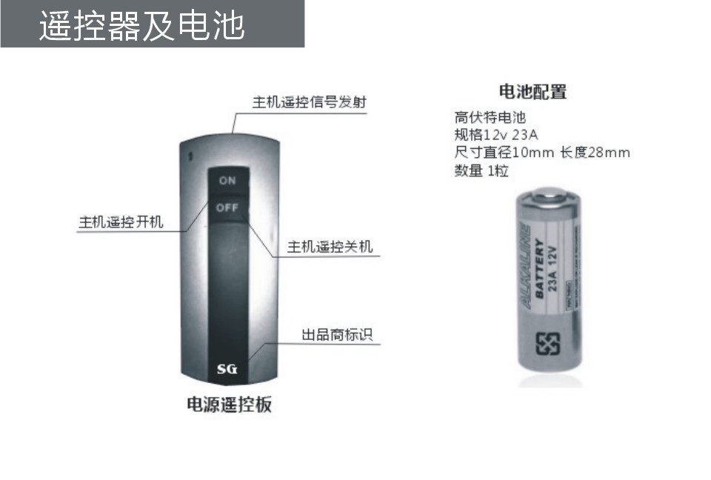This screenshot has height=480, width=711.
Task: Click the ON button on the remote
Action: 227,181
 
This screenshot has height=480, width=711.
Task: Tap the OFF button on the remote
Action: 227,208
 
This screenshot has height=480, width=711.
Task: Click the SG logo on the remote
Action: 227,369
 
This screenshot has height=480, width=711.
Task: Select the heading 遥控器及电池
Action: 141,26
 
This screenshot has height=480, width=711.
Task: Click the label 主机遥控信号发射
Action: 309,102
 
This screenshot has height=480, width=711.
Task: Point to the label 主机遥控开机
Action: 121,222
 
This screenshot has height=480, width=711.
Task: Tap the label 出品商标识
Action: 337,335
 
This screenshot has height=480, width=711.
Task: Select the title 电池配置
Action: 533,92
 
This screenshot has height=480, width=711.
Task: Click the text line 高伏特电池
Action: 490,117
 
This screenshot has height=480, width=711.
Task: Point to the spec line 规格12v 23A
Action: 495,135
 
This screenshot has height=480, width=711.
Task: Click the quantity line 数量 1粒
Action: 481,171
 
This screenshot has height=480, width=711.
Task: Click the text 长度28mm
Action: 595,153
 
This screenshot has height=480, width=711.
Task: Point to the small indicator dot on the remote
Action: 190,156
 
